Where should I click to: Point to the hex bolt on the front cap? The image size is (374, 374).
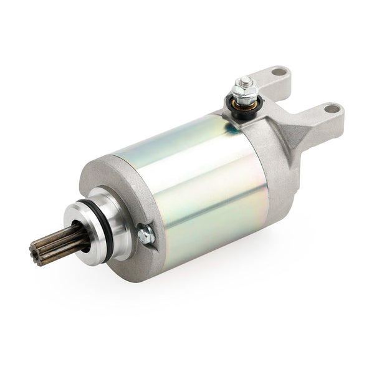pos(146,234)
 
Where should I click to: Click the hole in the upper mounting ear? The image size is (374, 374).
pos(278,72)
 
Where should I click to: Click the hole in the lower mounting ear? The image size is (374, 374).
pos(333,108)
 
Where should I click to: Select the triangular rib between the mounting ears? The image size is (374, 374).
pos(305,134)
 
